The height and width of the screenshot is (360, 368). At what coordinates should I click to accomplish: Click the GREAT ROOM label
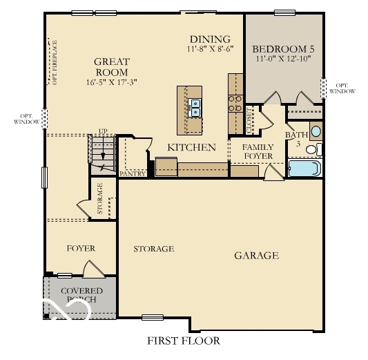112,66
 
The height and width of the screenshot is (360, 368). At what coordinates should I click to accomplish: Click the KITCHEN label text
192,147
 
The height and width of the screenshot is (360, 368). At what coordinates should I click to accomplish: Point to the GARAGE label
256,256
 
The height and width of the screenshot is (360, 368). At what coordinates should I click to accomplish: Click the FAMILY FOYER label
258,151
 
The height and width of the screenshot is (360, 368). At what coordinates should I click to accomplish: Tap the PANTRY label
131,173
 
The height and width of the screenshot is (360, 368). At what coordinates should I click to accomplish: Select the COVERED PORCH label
81,295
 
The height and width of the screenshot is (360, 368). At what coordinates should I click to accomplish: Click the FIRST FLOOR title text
184,341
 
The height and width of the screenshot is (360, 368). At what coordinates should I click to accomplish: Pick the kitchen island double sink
195,107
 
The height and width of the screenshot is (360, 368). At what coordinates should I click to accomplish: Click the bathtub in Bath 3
302,169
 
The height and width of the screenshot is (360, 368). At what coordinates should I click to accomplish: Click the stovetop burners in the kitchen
235,104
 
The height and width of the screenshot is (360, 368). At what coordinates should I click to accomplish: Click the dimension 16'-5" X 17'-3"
112,82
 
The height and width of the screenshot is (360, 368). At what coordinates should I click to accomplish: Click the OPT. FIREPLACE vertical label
55,64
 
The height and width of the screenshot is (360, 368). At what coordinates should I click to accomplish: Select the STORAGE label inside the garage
153,249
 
